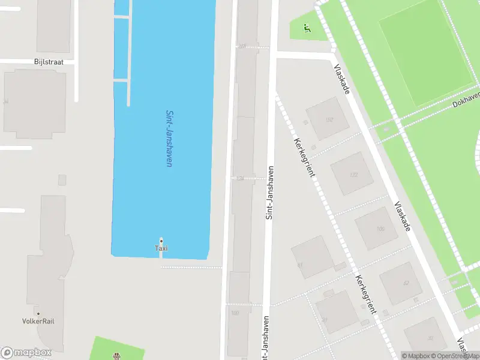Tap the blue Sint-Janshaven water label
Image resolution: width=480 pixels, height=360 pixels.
point(169,138)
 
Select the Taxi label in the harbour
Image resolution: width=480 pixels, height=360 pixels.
point(161,248)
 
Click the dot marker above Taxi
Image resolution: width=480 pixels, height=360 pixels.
point(161,241)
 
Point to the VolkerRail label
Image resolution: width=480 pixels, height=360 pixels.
point(38,321)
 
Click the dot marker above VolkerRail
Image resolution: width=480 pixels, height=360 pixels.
point(38,313)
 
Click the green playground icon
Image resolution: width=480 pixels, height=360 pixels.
point(307,27)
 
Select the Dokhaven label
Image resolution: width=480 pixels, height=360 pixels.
point(466,100)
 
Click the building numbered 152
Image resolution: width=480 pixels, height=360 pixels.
point(328,119)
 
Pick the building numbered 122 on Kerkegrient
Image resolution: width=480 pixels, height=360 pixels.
point(352,174)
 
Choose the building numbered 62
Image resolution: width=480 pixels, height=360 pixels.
point(404,283)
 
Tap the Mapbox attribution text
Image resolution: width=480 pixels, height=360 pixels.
point(415,356)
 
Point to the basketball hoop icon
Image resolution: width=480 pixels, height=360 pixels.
point(116,355)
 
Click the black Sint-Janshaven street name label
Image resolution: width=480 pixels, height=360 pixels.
point(269,192)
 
